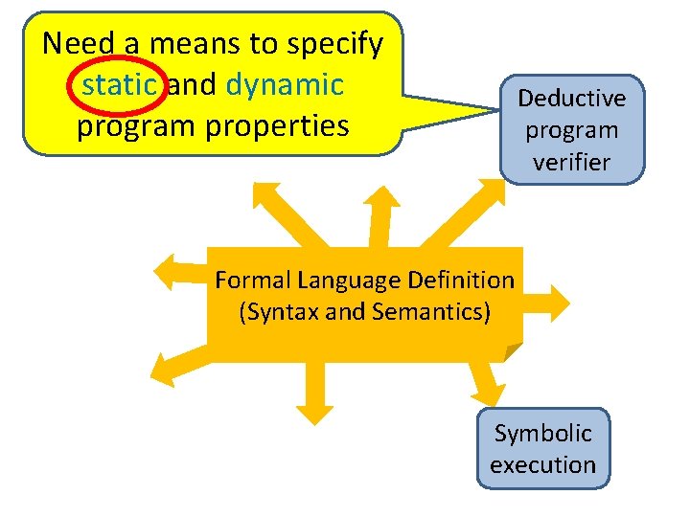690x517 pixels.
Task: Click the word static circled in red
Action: [x=120, y=84]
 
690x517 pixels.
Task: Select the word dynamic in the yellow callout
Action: [x=285, y=84]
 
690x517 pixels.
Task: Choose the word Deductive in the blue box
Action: [x=572, y=98]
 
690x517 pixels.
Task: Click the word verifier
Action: [x=572, y=162]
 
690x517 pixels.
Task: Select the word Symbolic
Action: [x=542, y=433]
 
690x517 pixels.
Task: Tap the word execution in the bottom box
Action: [x=542, y=465]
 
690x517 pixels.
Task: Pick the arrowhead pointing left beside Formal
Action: [x=169, y=272]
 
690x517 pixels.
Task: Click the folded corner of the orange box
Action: [x=512, y=352]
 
